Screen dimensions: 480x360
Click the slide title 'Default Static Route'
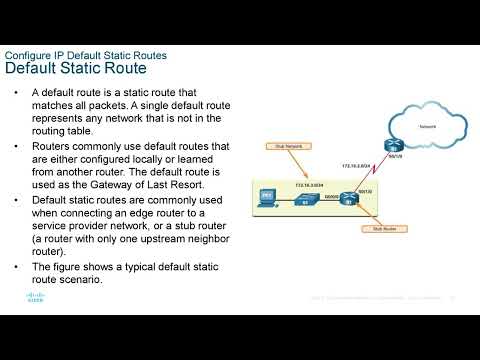coord(76,69)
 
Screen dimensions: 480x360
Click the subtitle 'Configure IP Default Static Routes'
coord(86,54)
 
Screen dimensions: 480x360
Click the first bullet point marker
coord(18,92)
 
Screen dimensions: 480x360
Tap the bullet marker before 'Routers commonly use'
coord(18,146)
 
